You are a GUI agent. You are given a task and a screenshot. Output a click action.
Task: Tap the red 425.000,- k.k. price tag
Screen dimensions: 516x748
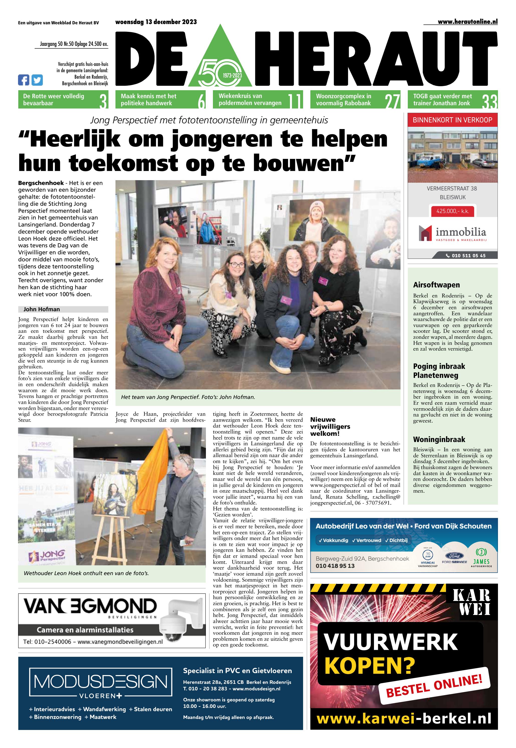[452, 211]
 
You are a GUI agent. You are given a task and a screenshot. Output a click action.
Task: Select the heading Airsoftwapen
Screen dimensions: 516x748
[436, 285]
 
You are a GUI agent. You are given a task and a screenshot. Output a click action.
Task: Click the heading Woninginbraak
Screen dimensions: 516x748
[439, 440]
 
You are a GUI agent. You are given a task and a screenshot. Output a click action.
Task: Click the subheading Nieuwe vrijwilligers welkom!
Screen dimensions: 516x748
[330, 426]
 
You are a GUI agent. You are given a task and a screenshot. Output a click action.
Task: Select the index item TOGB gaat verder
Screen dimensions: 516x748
[442, 99]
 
